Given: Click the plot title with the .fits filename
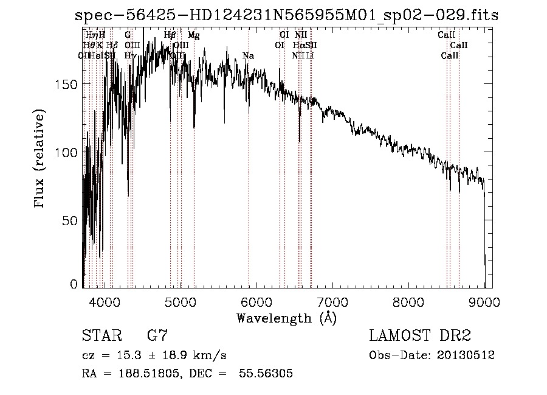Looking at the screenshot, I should (286, 16).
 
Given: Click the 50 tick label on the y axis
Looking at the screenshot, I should (71, 220).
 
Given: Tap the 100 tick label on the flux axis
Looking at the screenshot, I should (67, 152).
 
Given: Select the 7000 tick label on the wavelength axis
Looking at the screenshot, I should (332, 301).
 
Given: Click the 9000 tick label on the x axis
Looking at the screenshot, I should (484, 301).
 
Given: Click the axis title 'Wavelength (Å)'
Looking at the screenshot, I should (286, 318).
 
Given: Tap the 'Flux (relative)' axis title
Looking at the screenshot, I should (41, 159).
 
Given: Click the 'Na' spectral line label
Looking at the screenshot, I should (248, 56).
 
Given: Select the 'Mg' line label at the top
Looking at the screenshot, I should (193, 35).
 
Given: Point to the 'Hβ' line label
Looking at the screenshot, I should (170, 35).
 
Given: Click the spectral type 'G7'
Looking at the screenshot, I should (157, 335).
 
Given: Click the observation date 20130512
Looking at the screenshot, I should (467, 355).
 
